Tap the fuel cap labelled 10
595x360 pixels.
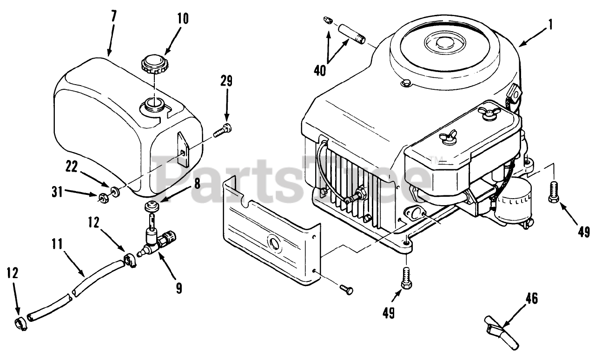pyautogui.click(x=153, y=65)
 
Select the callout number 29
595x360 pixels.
pyautogui.click(x=227, y=82)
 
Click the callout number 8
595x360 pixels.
pyautogui.click(x=197, y=183)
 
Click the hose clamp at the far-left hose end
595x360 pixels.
pyautogui.click(x=20, y=324)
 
